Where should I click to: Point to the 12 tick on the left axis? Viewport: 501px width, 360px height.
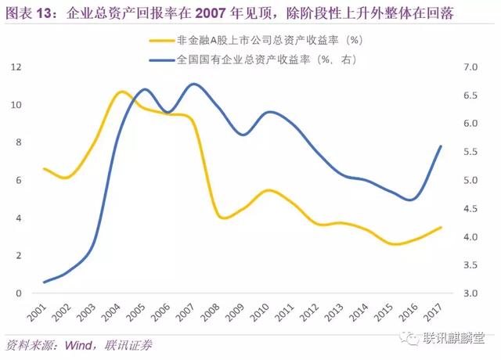(x=15, y=68)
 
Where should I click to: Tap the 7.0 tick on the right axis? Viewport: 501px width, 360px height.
(x=470, y=68)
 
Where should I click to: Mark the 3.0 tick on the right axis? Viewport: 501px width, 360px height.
(x=470, y=293)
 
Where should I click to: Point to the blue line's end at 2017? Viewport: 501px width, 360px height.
(x=442, y=146)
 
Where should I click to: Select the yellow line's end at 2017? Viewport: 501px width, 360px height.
(x=442, y=228)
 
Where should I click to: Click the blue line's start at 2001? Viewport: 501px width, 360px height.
(x=45, y=282)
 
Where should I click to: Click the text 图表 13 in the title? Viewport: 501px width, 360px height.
(x=31, y=13)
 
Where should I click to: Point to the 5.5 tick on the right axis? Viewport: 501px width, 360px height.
(x=470, y=153)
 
